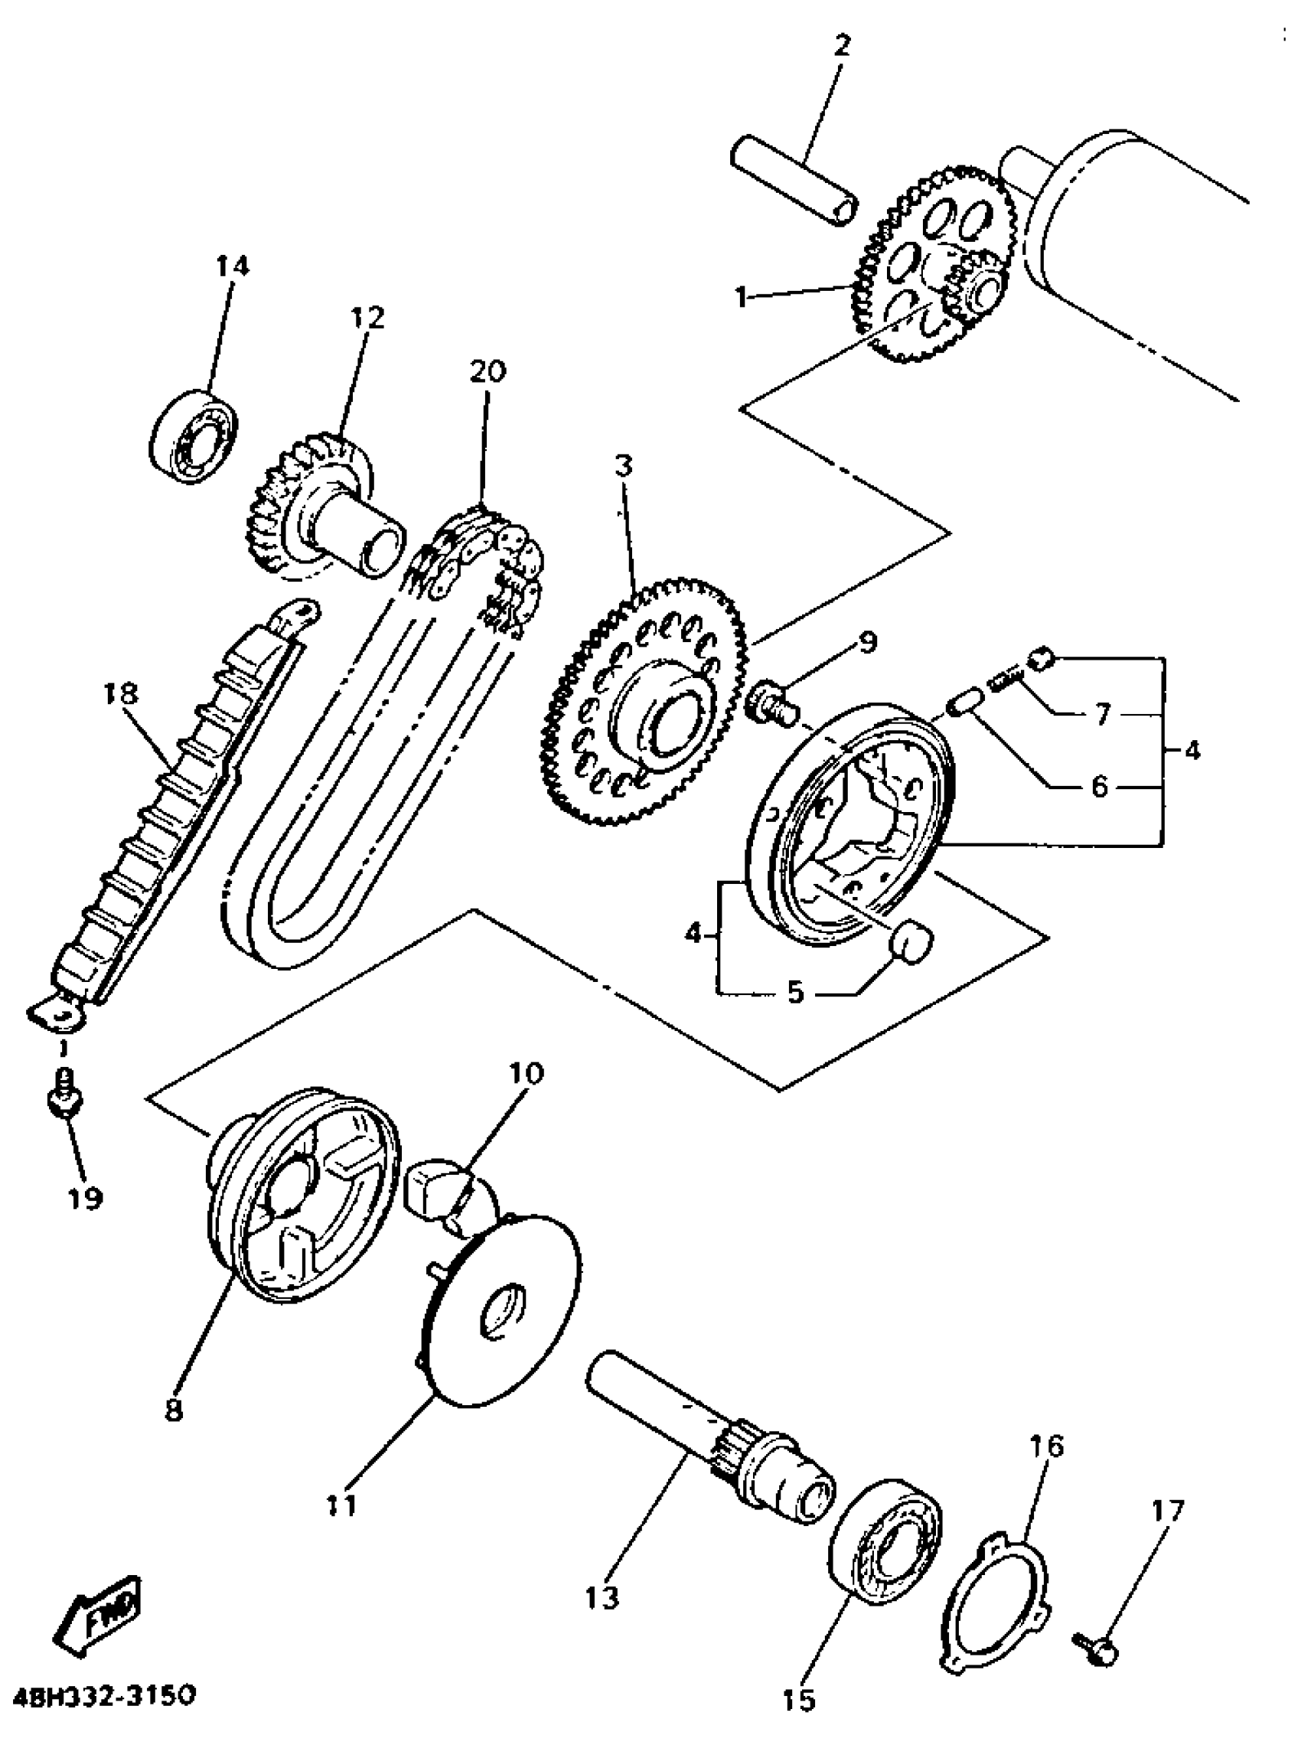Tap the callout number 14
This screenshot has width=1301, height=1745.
click(233, 266)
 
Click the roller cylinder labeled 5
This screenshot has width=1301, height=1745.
click(911, 944)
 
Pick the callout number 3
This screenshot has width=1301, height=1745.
click(623, 467)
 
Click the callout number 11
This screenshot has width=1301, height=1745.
click(342, 1505)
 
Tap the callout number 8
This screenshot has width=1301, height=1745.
click(173, 1410)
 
